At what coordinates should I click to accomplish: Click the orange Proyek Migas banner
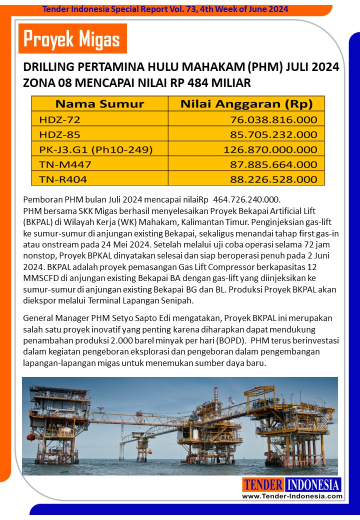pyautogui.click(x=72, y=38)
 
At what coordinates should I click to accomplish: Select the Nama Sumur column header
pyautogui.click(x=99, y=104)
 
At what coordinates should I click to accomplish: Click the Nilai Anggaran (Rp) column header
pyautogui.click(x=246, y=104)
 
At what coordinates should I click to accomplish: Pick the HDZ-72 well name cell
pyautogui.click(x=59, y=119)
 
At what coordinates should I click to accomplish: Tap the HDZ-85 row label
pyautogui.click(x=59, y=134)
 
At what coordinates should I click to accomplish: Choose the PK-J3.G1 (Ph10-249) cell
pyautogui.click(x=95, y=149)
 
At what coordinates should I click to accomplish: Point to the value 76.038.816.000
pyautogui.click(x=273, y=119)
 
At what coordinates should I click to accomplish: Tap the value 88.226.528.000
pyautogui.click(x=273, y=179)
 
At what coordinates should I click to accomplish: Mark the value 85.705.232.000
pyautogui.click(x=273, y=134)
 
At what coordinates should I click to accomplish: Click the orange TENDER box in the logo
pyautogui.click(x=263, y=484)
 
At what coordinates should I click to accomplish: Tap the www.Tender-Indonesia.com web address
pyautogui.click(x=292, y=496)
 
